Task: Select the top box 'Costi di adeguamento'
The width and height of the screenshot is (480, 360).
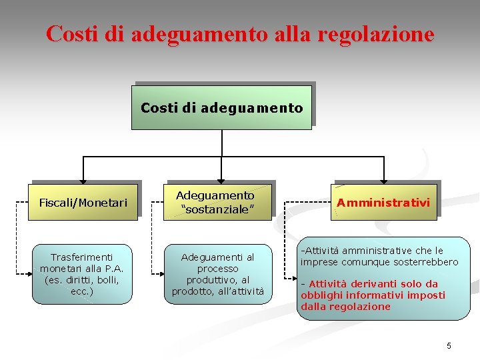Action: click(x=221, y=107)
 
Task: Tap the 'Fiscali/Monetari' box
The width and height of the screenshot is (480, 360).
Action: click(x=83, y=202)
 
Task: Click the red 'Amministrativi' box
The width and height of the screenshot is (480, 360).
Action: click(x=383, y=202)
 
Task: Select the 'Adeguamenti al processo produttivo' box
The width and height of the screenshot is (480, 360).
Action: click(x=218, y=273)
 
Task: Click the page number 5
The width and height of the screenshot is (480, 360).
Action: click(x=449, y=345)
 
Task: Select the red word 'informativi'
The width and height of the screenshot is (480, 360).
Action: click(x=375, y=295)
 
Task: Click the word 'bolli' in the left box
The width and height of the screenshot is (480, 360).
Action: click(x=104, y=280)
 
